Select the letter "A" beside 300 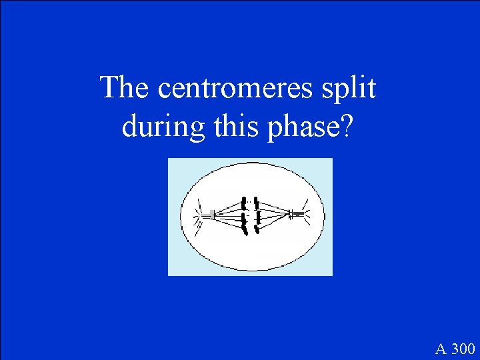(x=441, y=349)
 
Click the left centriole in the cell (x=211, y=215)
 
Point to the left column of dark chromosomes (x=245, y=215)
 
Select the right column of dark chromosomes (x=257, y=215)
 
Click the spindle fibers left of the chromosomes (x=228, y=215)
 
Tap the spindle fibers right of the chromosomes (x=274, y=215)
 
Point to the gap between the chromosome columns (x=251, y=215)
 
